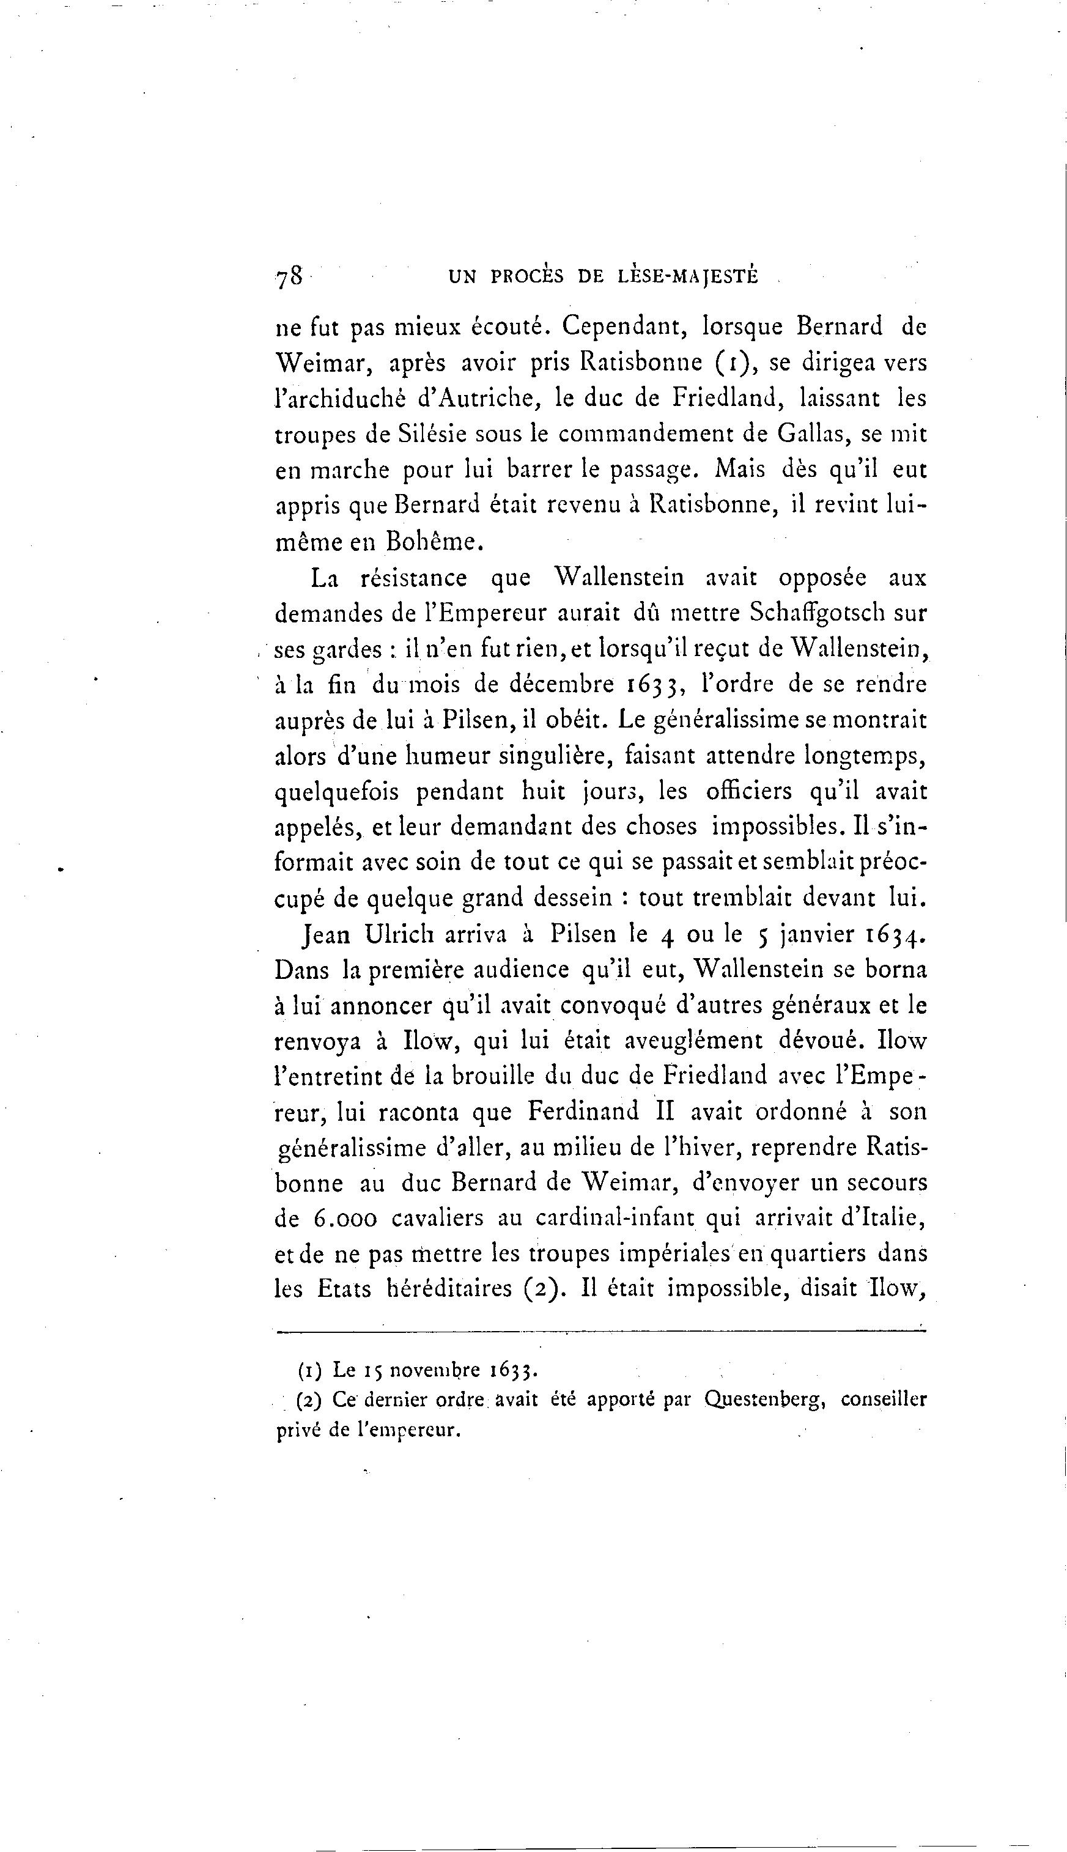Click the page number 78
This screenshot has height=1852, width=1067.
[x=289, y=277]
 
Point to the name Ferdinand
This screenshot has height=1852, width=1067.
[x=583, y=1112]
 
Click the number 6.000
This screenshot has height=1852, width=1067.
[x=345, y=1219]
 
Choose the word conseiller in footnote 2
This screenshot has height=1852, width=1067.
[x=883, y=1400]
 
